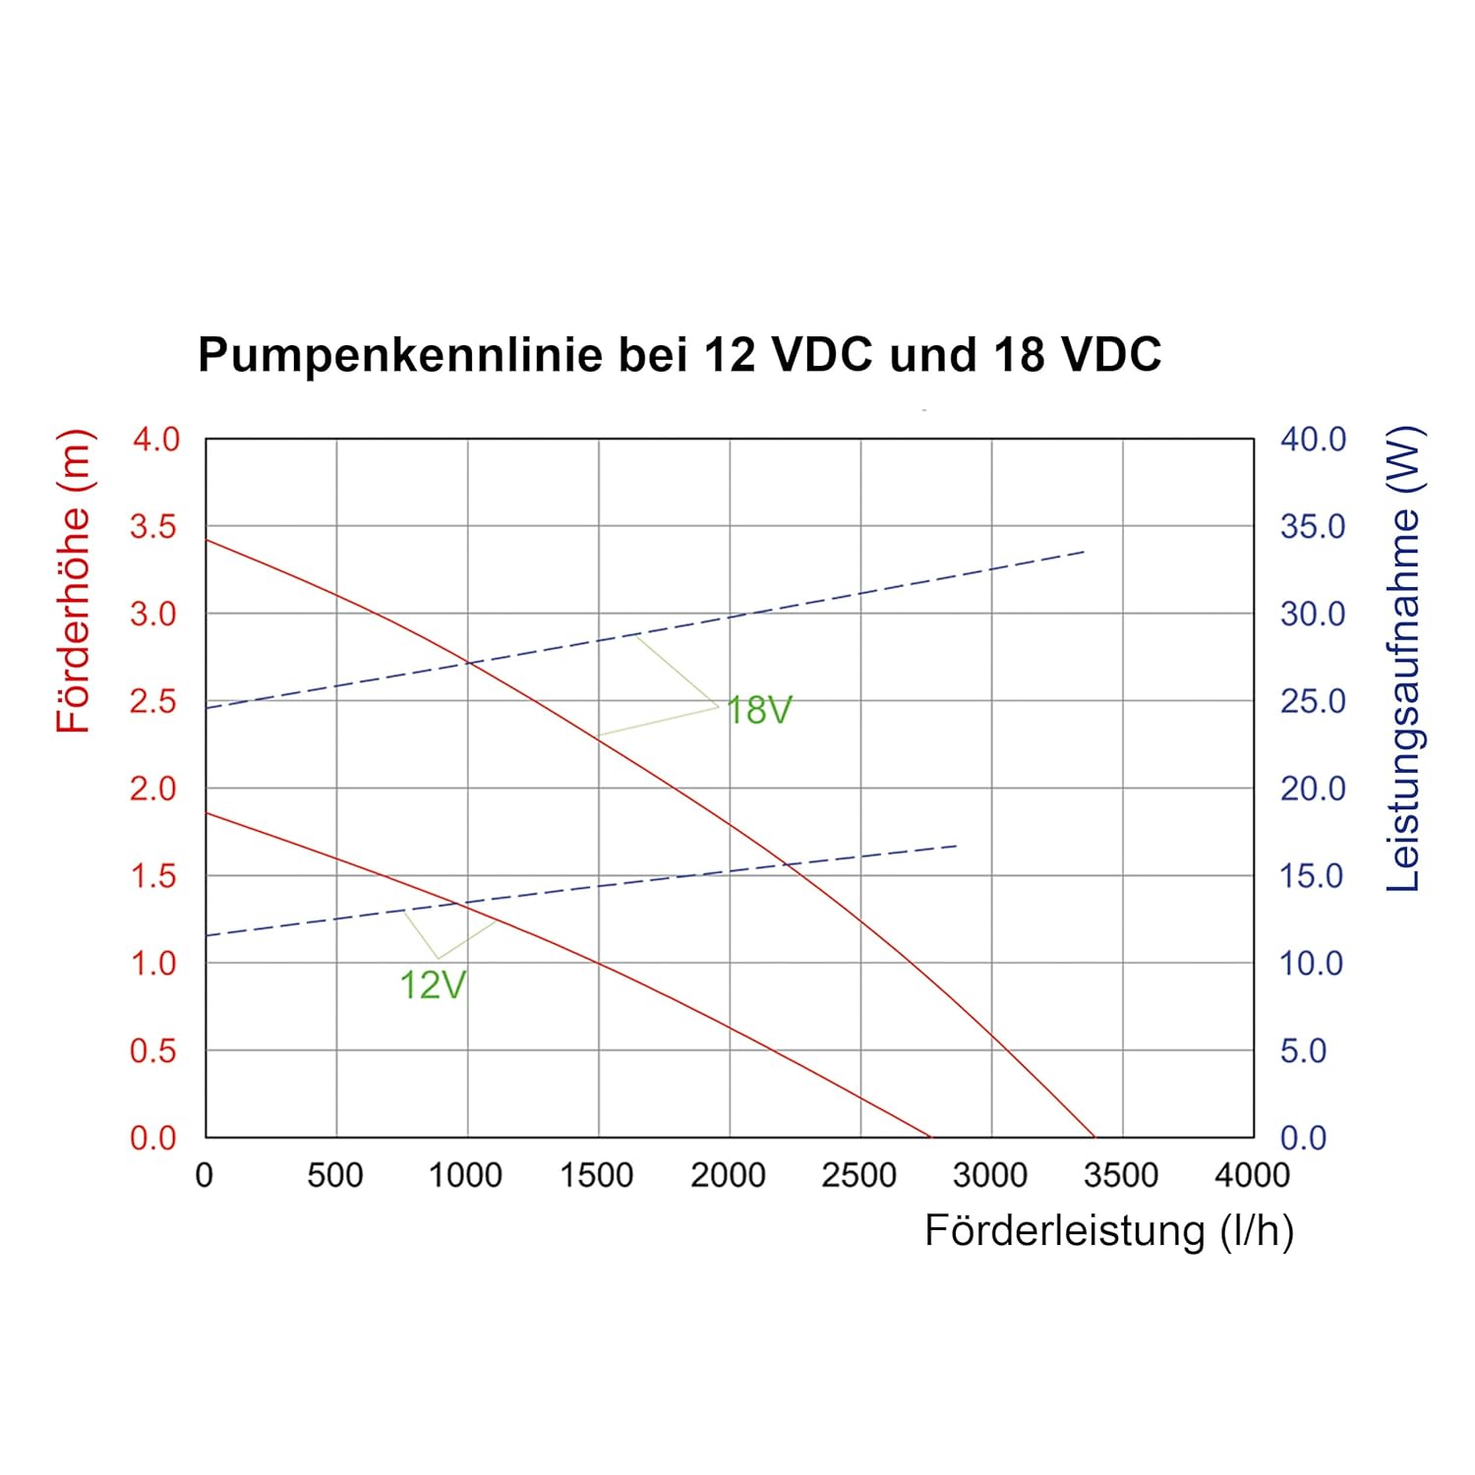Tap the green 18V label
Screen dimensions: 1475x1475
(758, 710)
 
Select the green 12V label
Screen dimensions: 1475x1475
(433, 984)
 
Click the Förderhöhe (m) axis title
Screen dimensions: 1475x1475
(74, 581)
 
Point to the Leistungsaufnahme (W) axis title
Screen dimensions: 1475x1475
(1403, 659)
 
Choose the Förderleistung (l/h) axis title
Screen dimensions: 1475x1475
(1109, 1231)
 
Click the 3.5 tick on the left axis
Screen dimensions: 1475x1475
(153, 526)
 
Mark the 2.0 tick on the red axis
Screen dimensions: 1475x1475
(153, 789)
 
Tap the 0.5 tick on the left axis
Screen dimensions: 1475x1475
(153, 1051)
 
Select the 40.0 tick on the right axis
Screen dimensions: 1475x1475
(1313, 439)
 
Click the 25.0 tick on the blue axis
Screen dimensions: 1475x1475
(1313, 701)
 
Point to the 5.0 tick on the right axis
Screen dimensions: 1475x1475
(1303, 1051)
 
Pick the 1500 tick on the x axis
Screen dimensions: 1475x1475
(597, 1175)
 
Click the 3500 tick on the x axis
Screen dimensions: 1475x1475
(1121, 1175)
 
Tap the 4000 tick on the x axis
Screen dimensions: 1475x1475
(1253, 1175)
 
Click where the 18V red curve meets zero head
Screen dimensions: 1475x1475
(1094, 1138)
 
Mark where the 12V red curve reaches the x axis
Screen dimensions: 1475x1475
(930, 1138)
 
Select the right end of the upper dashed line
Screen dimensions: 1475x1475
(1085, 552)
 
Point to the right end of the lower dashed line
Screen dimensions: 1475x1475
(957, 846)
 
